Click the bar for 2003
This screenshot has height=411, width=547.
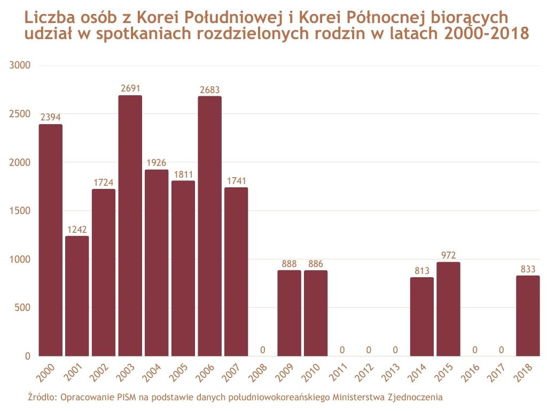[x=130, y=225]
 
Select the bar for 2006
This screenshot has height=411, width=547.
[x=209, y=226]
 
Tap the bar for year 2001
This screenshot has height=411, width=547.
[x=77, y=296]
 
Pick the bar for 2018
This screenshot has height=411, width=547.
[x=528, y=316]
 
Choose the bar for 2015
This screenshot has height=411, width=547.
[x=448, y=309]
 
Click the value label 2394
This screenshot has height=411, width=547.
[x=50, y=118]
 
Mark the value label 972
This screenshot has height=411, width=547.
[x=448, y=255]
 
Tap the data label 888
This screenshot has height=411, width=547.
[x=289, y=264]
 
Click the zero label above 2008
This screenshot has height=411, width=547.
[x=262, y=350]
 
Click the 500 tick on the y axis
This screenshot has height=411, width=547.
[x=23, y=308]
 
